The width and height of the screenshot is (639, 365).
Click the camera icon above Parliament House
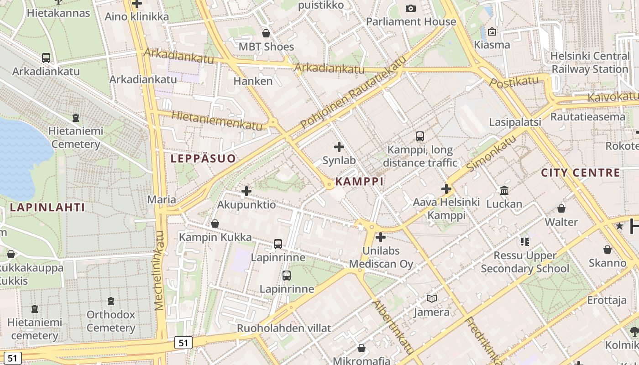(x=411, y=8)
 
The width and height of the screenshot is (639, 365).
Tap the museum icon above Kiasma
(x=492, y=31)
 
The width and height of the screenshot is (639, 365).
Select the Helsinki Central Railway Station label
(x=590, y=63)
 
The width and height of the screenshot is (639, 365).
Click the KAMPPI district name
(x=359, y=181)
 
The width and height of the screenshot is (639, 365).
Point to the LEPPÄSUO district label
(x=203, y=159)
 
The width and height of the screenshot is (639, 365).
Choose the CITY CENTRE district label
(x=581, y=173)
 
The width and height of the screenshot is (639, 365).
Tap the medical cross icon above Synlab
(x=339, y=147)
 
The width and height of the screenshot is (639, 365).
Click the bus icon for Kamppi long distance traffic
(x=419, y=136)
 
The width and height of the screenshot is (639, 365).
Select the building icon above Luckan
(x=504, y=190)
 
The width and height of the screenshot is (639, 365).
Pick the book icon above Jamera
(x=431, y=299)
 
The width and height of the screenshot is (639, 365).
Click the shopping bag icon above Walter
(x=561, y=209)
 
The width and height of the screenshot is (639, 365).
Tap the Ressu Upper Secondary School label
(x=525, y=262)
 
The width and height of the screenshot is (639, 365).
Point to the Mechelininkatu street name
(x=159, y=271)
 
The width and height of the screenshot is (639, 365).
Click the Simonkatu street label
(x=491, y=153)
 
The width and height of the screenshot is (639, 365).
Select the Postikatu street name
(x=514, y=83)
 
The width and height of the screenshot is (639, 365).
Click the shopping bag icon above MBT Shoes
(x=266, y=33)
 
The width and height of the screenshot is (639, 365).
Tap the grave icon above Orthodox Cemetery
(x=110, y=301)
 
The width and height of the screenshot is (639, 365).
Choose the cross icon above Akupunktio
(x=246, y=191)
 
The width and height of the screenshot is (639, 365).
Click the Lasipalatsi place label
(x=515, y=122)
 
